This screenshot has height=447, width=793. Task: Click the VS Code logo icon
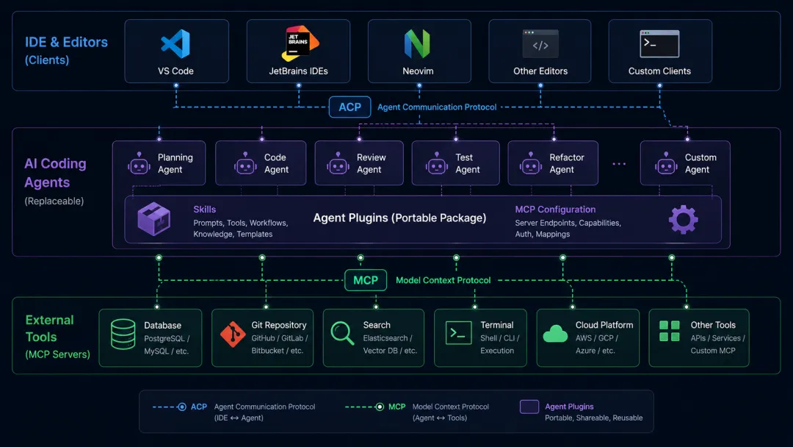coord(175,43)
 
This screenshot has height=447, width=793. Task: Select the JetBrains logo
coord(300,43)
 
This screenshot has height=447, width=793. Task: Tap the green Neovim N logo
coord(417,43)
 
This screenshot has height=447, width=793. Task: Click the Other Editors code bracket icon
coord(540,44)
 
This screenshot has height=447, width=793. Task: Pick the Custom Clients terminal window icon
coord(659,44)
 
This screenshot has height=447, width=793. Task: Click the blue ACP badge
coord(350,107)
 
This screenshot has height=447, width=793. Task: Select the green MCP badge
coord(366,280)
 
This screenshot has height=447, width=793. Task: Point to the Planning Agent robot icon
coord(139,163)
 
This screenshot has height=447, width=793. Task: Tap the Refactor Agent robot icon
coord(531,163)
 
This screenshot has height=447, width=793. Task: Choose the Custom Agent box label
coord(700,163)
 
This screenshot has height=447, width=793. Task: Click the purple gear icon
coord(684,220)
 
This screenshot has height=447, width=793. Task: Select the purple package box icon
coord(153,219)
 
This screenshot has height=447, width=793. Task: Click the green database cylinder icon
coord(123,334)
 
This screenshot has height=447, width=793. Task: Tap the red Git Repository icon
coord(233,334)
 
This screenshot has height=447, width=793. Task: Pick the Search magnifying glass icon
coord(342,334)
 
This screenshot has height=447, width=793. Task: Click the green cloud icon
coord(555,334)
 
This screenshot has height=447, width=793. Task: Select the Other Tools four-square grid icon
coord(670,331)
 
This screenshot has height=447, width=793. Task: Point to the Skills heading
coord(204,210)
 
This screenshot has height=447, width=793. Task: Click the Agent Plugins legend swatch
coord(529,407)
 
